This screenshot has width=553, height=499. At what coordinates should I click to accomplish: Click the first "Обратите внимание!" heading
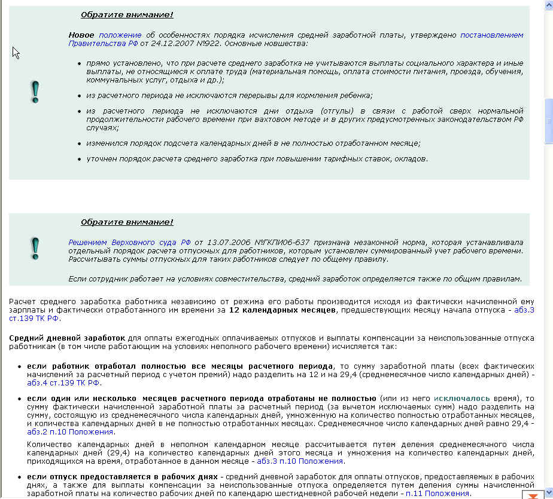coord(127,15)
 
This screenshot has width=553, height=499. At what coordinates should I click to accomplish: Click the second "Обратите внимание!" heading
coord(127,222)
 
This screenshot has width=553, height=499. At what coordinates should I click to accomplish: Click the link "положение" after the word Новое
coord(120,35)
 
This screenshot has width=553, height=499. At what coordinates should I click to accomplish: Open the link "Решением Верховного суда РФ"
coord(129,242)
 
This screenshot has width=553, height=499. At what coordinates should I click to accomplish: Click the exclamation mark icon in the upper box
coord(35,91)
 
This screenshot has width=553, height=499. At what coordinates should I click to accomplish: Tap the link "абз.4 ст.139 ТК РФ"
coord(63,383)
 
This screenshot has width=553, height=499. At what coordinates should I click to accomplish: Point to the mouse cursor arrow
coord(16,52)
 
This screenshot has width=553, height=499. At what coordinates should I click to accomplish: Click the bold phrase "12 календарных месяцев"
coord(283,310)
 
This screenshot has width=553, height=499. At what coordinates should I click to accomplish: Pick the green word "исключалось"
coord(462,398)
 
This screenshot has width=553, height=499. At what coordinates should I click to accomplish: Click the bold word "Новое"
coord(81,35)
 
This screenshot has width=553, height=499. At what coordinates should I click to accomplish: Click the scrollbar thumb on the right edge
coord(548,120)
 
